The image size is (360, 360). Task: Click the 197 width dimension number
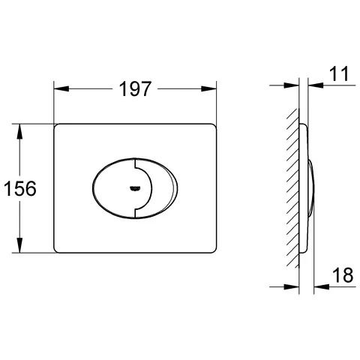(135, 88)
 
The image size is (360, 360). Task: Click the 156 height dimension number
(20, 188)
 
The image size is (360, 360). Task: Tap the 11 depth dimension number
(339, 73)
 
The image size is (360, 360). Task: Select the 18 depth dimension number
(343, 275)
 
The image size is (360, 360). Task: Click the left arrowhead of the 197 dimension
(61, 88)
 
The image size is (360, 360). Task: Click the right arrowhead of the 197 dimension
(208, 88)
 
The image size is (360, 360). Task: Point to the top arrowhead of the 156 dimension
(19, 131)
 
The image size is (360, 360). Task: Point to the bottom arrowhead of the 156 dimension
(19, 245)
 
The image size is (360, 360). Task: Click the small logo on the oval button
(135, 188)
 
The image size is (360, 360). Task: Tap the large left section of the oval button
(114, 188)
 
